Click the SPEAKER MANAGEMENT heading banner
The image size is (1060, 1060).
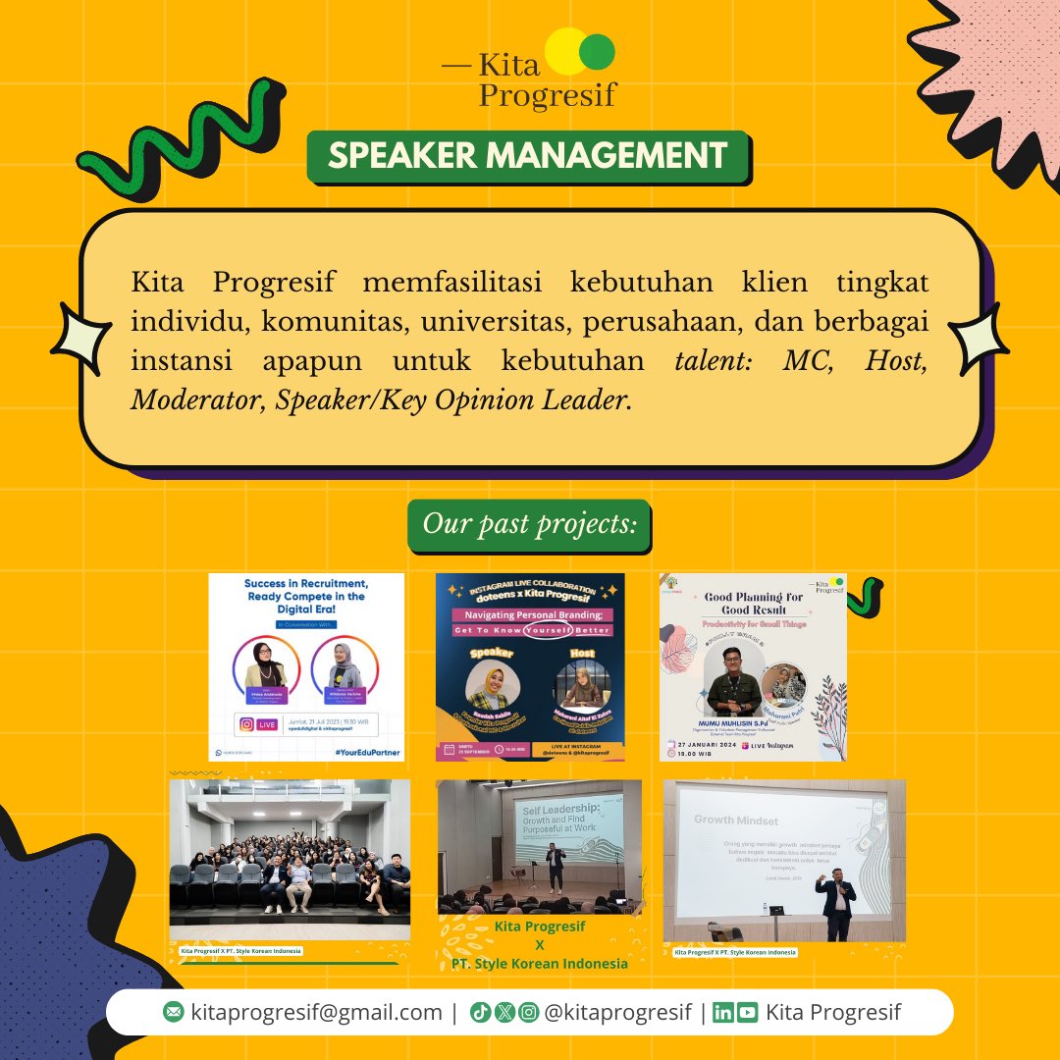point(528,155)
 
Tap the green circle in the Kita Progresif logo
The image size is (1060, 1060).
point(597,50)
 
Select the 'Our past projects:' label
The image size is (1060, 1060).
point(529,525)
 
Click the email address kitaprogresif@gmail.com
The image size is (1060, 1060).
point(316,1012)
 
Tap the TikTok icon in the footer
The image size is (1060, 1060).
point(480,1013)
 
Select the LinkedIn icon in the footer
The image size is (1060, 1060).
point(723,1013)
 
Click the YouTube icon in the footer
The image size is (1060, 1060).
point(748,1013)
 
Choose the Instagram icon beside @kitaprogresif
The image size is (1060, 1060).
point(528,1013)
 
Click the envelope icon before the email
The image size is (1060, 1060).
point(173,1013)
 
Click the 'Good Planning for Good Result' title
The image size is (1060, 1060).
point(753,603)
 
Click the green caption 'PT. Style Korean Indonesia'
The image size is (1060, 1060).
point(539,963)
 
